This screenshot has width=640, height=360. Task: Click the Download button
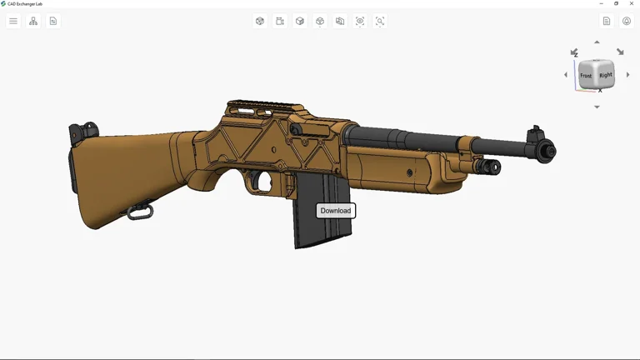pyautogui.click(x=336, y=211)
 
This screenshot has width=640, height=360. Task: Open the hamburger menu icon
pyautogui.click(x=13, y=21)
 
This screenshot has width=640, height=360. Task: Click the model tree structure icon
pyautogui.click(x=33, y=21)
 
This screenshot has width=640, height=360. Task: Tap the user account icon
pyautogui.click(x=627, y=21)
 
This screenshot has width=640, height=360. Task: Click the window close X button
pyautogui.click(x=632, y=3)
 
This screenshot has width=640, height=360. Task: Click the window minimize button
pyautogui.click(x=602, y=3)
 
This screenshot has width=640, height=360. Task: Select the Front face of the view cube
pyautogui.click(x=587, y=76)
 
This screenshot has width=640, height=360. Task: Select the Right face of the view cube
pyautogui.click(x=606, y=75)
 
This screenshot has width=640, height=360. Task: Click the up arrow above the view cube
pyautogui.click(x=597, y=42)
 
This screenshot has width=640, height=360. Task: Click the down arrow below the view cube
pyautogui.click(x=597, y=107)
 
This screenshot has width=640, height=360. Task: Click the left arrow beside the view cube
pyautogui.click(x=566, y=75)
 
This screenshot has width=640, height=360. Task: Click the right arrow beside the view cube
pyautogui.click(x=628, y=75)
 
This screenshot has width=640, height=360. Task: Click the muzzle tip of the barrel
pyautogui.click(x=548, y=152)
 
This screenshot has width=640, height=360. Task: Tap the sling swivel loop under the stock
pyautogui.click(x=139, y=212)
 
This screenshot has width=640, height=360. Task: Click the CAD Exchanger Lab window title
pyautogui.click(x=25, y=3)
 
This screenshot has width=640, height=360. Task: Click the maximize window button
pyautogui.click(x=617, y=3)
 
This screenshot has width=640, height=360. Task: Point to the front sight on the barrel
pyautogui.click(x=535, y=133)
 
